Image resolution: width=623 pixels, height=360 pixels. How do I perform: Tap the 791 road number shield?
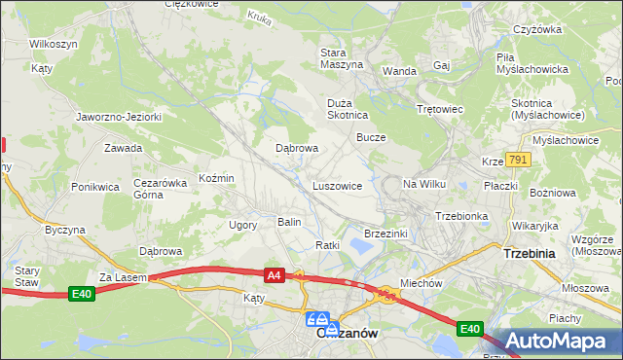pos(517,160)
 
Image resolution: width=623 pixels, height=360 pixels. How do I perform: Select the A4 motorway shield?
pos(275,275)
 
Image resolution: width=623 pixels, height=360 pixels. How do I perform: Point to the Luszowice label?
pos(338,185)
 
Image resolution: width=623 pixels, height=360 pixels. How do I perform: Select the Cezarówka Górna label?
pos(160,188)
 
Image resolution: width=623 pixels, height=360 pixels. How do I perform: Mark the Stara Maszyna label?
pos(342,57)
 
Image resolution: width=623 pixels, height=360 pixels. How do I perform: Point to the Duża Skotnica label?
pos(347,108)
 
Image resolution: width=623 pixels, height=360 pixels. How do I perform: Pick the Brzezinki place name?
pos(385,234)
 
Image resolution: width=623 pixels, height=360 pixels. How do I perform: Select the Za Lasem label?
pos(122,277)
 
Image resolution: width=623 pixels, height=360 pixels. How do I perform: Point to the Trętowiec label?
pos(437,110)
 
